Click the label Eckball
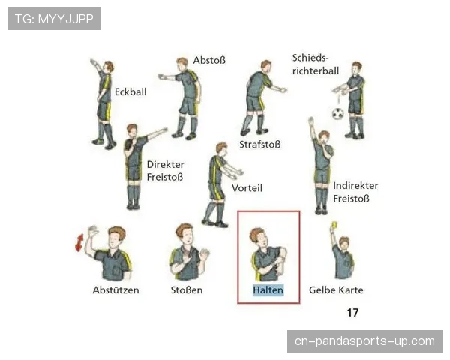130,91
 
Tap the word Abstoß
209,60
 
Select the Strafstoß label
260,145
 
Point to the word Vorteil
247,188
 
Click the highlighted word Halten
268,290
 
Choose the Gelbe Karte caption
336,290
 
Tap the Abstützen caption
115,290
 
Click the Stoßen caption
187,290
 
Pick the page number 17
352,312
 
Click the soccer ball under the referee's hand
338,114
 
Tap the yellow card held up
334,225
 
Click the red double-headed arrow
79,242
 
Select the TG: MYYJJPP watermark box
54,19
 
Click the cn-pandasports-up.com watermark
364,341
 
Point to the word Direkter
165,164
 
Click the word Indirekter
355,186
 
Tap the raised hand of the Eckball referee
94,62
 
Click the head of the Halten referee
259,238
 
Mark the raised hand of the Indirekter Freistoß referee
310,121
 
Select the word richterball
316,70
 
